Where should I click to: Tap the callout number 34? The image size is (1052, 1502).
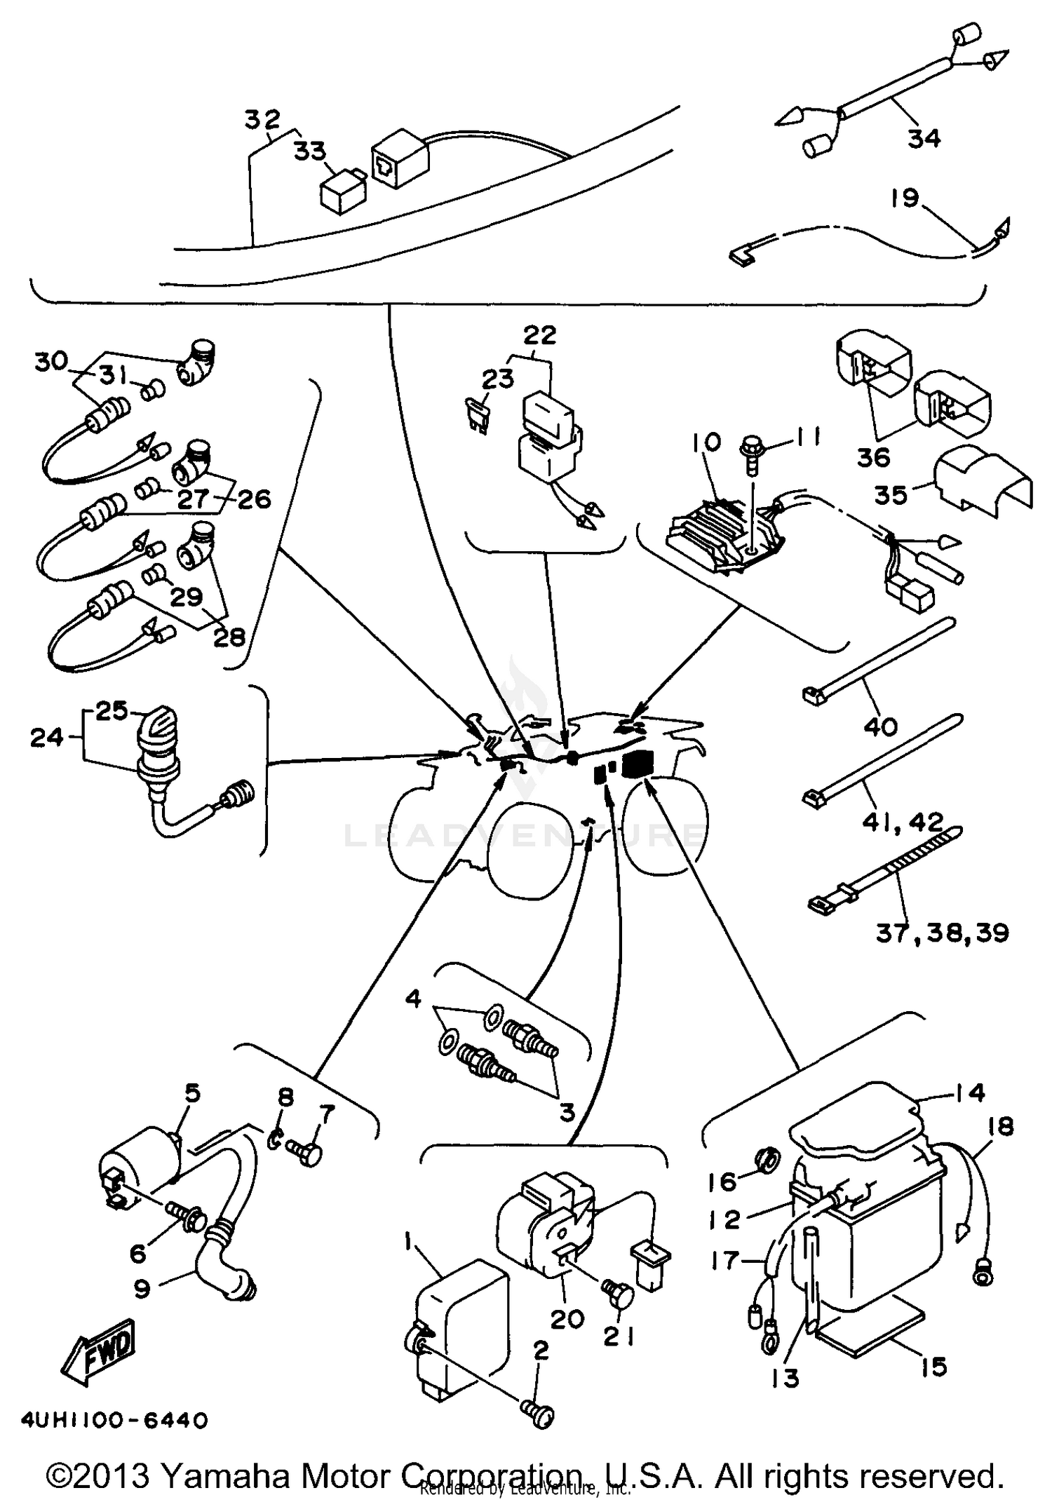click(x=924, y=138)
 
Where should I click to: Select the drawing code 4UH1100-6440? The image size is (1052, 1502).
click(x=115, y=1421)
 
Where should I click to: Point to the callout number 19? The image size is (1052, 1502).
click(x=905, y=198)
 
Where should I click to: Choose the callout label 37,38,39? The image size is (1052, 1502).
click(x=942, y=933)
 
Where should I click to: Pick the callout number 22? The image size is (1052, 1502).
click(x=539, y=334)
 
